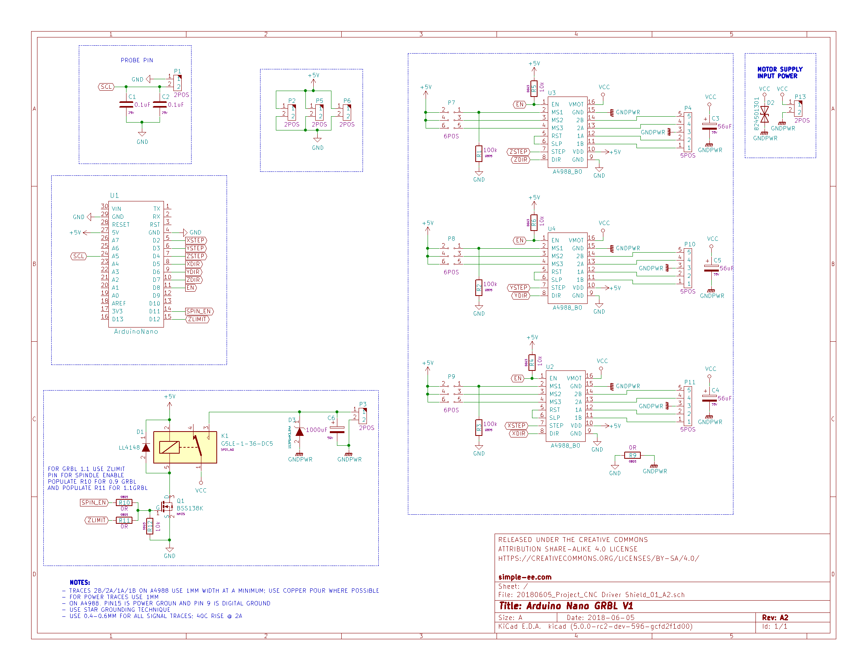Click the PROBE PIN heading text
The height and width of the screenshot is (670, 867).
tap(137, 60)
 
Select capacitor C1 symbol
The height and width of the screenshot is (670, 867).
tap(126, 104)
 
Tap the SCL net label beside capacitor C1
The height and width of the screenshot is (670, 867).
tap(106, 87)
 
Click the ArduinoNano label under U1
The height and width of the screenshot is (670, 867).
tap(136, 331)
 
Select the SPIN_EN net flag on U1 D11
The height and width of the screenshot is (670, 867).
tap(199, 311)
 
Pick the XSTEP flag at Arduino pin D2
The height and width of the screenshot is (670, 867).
tap(196, 240)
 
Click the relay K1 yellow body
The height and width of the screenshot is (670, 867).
tap(185, 447)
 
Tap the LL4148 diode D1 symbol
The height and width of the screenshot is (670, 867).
tap(146, 447)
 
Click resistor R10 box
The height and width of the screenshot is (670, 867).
tap(124, 502)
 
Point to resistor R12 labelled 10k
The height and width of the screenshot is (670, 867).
tap(150, 526)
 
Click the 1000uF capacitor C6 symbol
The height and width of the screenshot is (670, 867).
tap(337, 430)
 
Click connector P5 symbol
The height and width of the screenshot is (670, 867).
tap(320, 112)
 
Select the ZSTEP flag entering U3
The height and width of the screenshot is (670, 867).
tap(519, 152)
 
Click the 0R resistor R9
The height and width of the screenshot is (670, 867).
tap(633, 455)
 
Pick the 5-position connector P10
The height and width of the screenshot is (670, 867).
tap(688, 268)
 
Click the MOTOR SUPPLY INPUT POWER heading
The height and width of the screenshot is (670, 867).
tap(779, 73)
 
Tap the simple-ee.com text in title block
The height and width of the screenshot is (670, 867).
tap(525, 577)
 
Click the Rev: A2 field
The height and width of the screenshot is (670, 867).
tap(775, 618)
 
